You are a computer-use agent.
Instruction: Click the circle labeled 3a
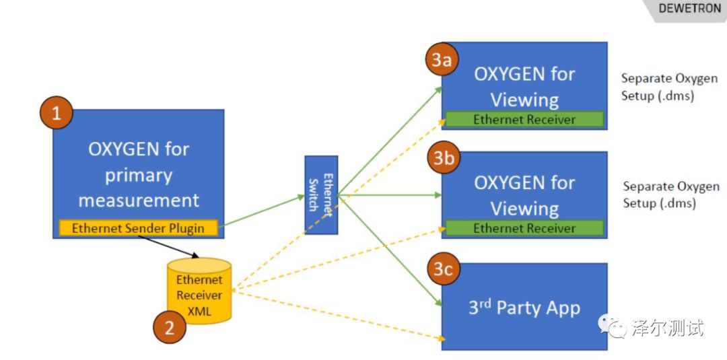442,60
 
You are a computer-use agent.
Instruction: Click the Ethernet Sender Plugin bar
138,228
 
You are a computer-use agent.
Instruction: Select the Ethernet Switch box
321,195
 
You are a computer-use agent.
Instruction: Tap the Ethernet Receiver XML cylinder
199,291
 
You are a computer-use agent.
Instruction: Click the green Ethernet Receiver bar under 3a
524,120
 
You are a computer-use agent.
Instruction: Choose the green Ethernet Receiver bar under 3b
524,228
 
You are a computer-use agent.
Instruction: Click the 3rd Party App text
524,308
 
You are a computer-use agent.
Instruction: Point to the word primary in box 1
139,175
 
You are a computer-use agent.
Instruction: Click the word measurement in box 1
139,200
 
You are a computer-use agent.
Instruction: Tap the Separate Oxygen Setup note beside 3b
670,194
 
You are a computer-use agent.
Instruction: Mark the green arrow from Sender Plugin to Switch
263,211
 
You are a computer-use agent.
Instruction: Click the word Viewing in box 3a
524,100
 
